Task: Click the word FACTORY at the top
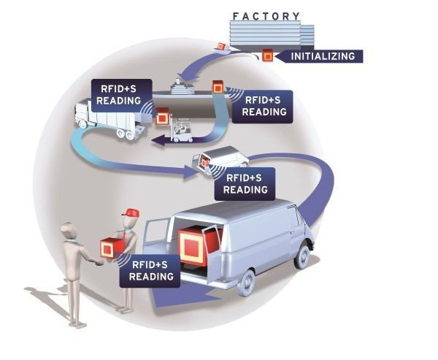click(x=266, y=16)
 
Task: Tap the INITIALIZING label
click(x=323, y=56)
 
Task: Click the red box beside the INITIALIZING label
click(x=269, y=56)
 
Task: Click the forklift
click(x=180, y=129)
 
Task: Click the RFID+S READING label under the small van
click(x=245, y=184)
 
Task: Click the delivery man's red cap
click(x=131, y=212)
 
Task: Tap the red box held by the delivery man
click(x=110, y=247)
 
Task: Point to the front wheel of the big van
click(x=301, y=255)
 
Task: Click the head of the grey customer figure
click(x=69, y=231)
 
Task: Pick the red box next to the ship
click(x=218, y=88)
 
